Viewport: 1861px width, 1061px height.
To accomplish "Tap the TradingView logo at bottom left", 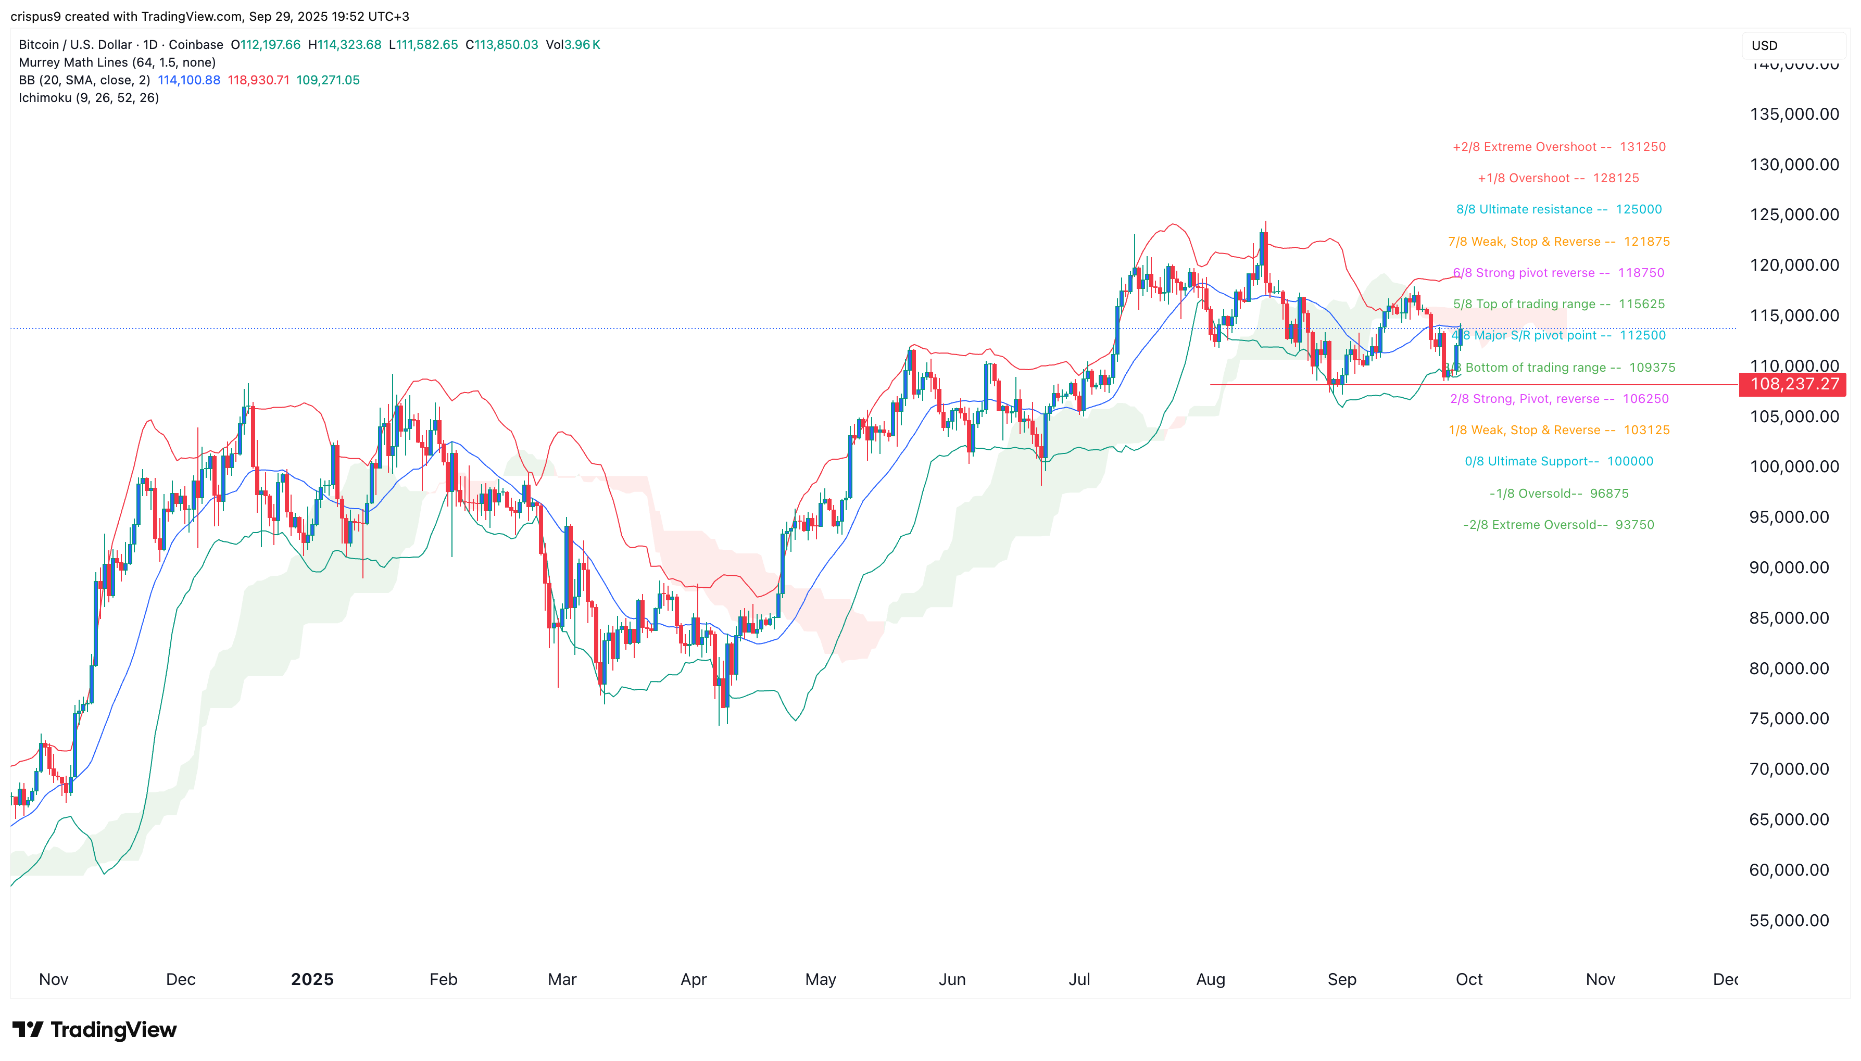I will pos(95,1030).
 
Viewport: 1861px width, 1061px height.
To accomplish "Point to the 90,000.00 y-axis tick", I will pos(1789,567).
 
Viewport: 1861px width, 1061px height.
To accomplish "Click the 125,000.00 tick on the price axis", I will pos(1794,215).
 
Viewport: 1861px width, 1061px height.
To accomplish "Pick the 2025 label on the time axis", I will pos(312,979).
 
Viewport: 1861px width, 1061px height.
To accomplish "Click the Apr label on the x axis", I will pos(693,979).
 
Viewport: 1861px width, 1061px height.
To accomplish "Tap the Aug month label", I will pos(1210,979).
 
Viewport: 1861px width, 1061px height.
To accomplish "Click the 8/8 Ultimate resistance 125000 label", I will pos(1558,210).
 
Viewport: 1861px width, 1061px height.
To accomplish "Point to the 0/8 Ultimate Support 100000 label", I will pos(1558,462).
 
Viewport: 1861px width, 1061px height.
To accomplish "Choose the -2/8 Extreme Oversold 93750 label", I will pos(1558,525).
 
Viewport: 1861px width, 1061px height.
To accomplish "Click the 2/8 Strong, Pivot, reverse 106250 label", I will pos(1558,399).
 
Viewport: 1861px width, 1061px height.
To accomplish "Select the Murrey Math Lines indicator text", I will pos(117,62).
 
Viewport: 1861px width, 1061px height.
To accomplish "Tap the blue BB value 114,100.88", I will pos(188,80).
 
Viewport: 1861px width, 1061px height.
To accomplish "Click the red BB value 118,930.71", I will pos(259,80).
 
